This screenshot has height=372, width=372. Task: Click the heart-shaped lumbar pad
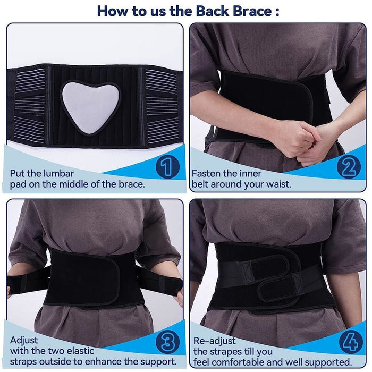(90, 106)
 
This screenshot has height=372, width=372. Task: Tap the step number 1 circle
(167, 167)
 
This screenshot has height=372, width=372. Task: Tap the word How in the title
(111, 11)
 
